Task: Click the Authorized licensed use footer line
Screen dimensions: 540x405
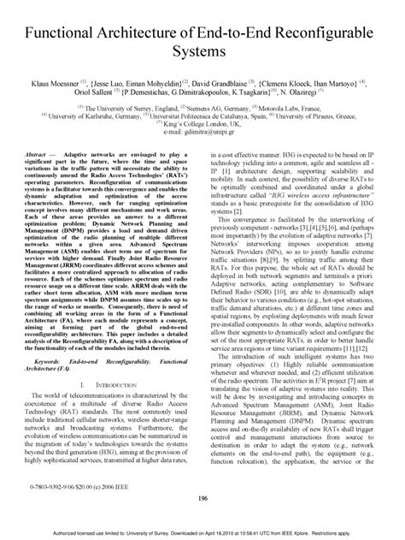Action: pyautogui.click(x=202, y=532)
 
